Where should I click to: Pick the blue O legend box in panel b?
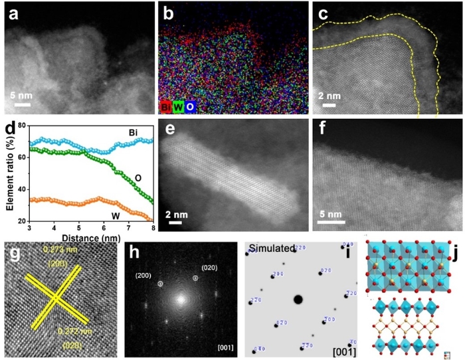tap(191, 105)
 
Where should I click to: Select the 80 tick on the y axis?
tap(21, 126)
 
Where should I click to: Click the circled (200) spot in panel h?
tap(160, 284)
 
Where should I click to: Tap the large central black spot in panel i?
tap(298, 300)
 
